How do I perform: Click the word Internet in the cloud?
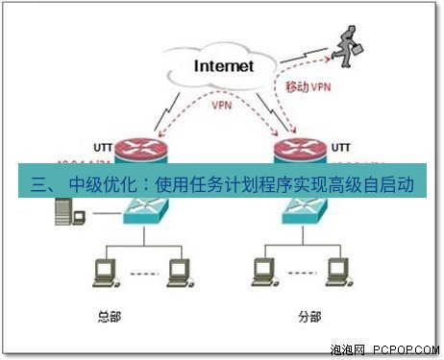pos(223,66)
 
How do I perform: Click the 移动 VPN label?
pos(309,86)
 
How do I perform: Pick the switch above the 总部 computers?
pos(145,210)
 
